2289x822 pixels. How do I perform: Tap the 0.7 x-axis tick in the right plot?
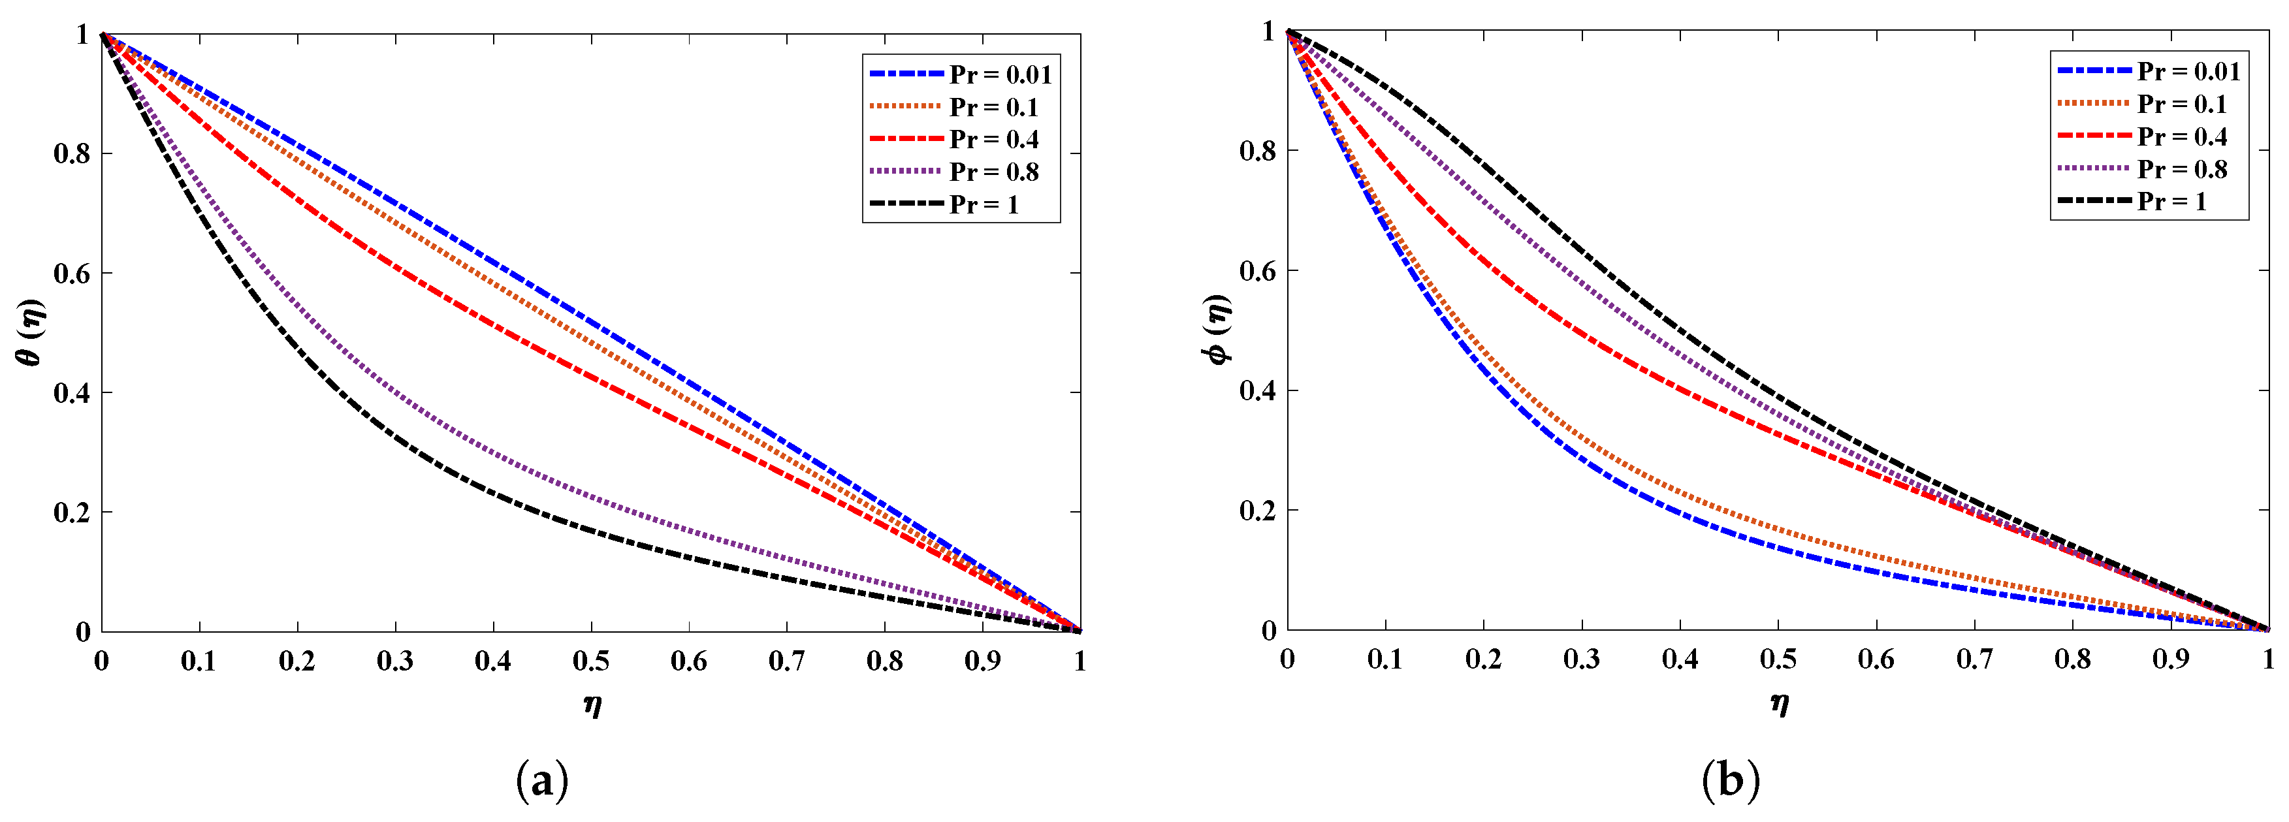(1974, 659)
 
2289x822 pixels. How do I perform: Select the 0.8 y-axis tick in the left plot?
(71, 153)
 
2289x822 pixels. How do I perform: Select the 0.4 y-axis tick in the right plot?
(1257, 390)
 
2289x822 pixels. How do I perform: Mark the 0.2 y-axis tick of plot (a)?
(71, 513)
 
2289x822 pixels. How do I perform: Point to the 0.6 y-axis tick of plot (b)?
(1257, 270)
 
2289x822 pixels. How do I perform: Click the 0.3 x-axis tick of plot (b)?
(1582, 659)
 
